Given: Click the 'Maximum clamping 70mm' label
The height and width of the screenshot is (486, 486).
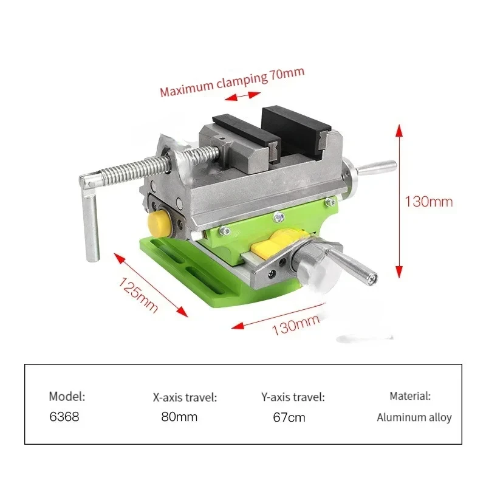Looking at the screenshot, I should (231, 82).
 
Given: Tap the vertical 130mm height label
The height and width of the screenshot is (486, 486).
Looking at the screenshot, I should (429, 201).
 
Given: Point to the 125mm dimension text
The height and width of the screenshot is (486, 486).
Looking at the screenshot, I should (138, 294).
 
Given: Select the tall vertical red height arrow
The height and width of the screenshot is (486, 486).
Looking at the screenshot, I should (399, 200).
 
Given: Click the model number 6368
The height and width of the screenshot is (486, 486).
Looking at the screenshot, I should (64, 417).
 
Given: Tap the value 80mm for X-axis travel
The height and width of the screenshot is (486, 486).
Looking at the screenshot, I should (179, 417).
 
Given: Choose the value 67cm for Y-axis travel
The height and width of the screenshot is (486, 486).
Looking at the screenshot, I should (289, 417).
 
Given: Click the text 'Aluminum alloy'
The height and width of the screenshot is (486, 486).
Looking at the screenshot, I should (414, 417).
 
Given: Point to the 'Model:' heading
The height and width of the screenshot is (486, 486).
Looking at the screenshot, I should (67, 396).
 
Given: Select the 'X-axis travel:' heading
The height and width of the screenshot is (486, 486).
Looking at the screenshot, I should (185, 398).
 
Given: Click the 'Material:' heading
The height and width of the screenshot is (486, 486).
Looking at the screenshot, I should (410, 396).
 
